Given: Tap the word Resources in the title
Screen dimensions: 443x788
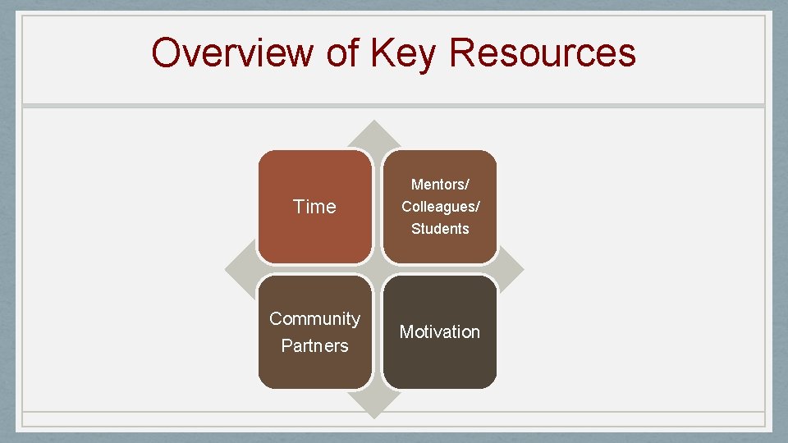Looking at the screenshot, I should click(x=543, y=53).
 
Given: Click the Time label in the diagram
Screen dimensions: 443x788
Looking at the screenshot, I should click(x=314, y=207).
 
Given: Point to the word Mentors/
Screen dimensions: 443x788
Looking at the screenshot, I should click(x=440, y=185).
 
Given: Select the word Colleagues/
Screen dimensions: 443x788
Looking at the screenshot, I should click(x=440, y=207).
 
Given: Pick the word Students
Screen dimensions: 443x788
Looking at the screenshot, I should click(x=440, y=229).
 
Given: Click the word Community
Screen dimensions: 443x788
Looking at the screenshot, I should click(x=314, y=318).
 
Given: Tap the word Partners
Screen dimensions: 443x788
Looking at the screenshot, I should click(x=314, y=346).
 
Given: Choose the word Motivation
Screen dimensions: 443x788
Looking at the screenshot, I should click(x=440, y=332).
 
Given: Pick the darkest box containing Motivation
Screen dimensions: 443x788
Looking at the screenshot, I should click(x=440, y=365).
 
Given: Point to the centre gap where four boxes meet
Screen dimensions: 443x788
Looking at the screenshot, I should click(x=377, y=269).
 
